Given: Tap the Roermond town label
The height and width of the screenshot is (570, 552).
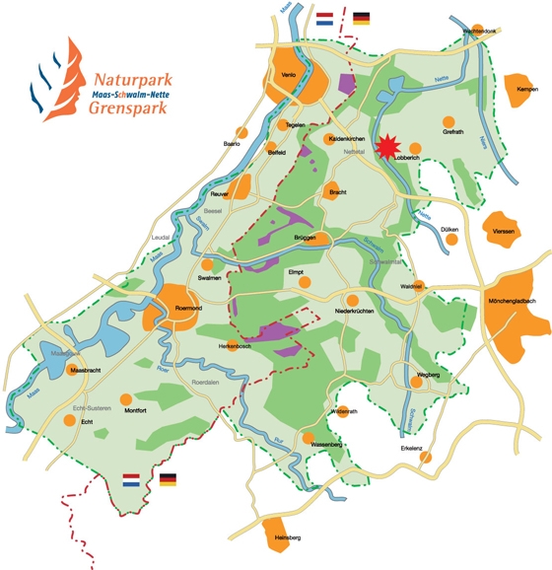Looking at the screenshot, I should point(188,308).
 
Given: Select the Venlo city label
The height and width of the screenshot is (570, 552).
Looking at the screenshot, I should point(289,74).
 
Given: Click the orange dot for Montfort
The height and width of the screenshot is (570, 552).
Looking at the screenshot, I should point(124,399).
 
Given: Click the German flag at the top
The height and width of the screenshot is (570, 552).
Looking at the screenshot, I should point(362,18).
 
